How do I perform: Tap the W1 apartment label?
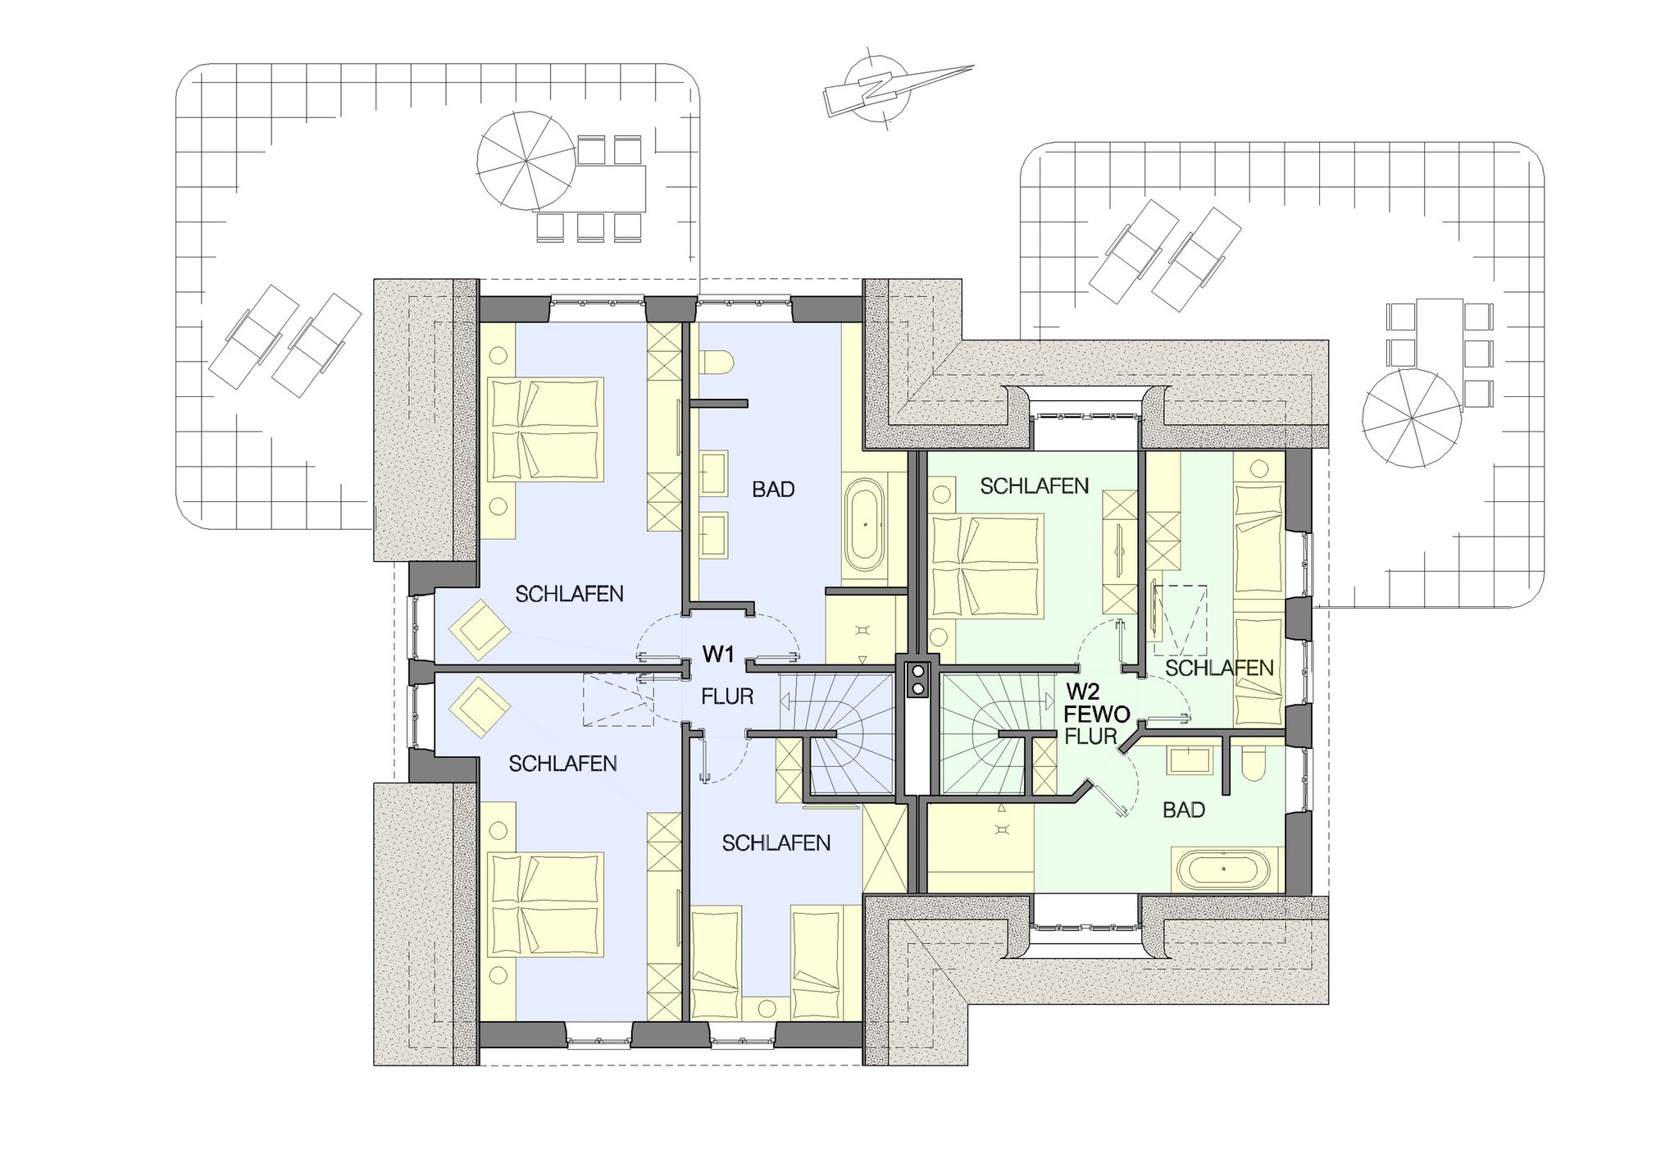tap(717, 654)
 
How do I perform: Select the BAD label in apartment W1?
tap(773, 490)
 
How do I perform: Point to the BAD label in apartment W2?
tap(1184, 810)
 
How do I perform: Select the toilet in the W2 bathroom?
tap(1254, 765)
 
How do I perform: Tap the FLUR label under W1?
tap(727, 697)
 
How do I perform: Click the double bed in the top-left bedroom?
tap(545, 429)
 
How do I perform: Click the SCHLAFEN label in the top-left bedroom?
tap(569, 594)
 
